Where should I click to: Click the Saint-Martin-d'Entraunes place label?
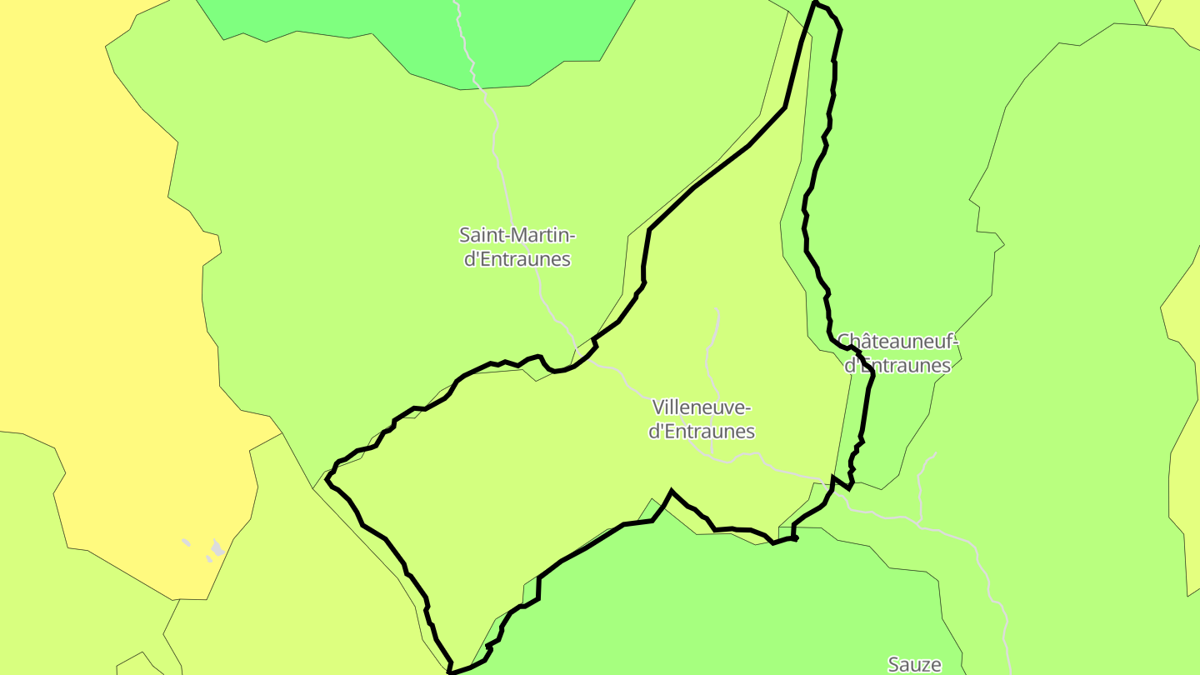[x=517, y=247]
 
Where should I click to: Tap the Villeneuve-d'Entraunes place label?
[x=702, y=419]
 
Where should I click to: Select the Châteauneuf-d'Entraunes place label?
[x=897, y=353]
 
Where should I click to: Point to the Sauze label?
[x=914, y=664]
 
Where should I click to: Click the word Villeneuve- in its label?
[x=702, y=407]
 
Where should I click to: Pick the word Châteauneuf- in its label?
[x=898, y=342]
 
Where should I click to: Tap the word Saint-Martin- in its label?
[x=517, y=234]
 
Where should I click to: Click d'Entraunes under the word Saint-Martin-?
[x=517, y=259]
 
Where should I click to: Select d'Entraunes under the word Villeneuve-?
[x=702, y=432]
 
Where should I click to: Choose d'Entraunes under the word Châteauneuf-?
[x=897, y=366]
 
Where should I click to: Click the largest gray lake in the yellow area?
[x=217, y=547]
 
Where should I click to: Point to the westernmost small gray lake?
[x=186, y=542]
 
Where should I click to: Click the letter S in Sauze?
[x=893, y=665]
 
